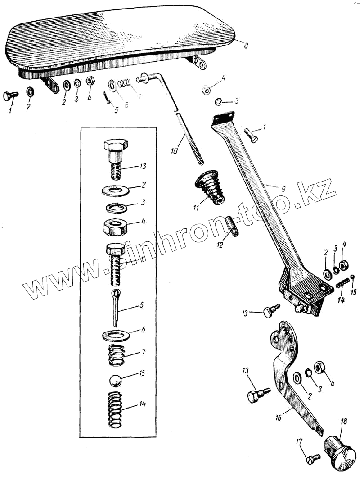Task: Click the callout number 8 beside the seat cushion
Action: pos(246,45)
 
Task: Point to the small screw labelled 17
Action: pos(313,459)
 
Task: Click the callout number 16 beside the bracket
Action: pos(279,418)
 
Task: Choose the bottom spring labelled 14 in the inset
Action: pos(116,411)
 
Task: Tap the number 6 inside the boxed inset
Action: pos(143,330)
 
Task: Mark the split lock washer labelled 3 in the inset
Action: pos(116,208)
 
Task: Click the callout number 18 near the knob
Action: pos(344,422)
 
